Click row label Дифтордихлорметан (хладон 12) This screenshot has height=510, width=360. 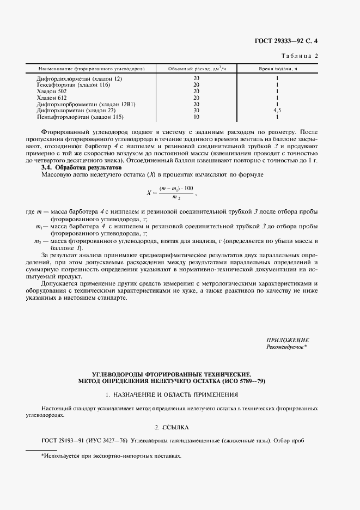80,79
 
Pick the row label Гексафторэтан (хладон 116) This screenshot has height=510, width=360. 74,85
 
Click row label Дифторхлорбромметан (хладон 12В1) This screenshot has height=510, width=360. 86,104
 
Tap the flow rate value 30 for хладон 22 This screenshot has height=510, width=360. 197,110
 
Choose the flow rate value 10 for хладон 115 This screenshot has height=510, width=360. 197,117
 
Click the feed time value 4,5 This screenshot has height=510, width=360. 277,110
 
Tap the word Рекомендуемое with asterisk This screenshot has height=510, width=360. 287,347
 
